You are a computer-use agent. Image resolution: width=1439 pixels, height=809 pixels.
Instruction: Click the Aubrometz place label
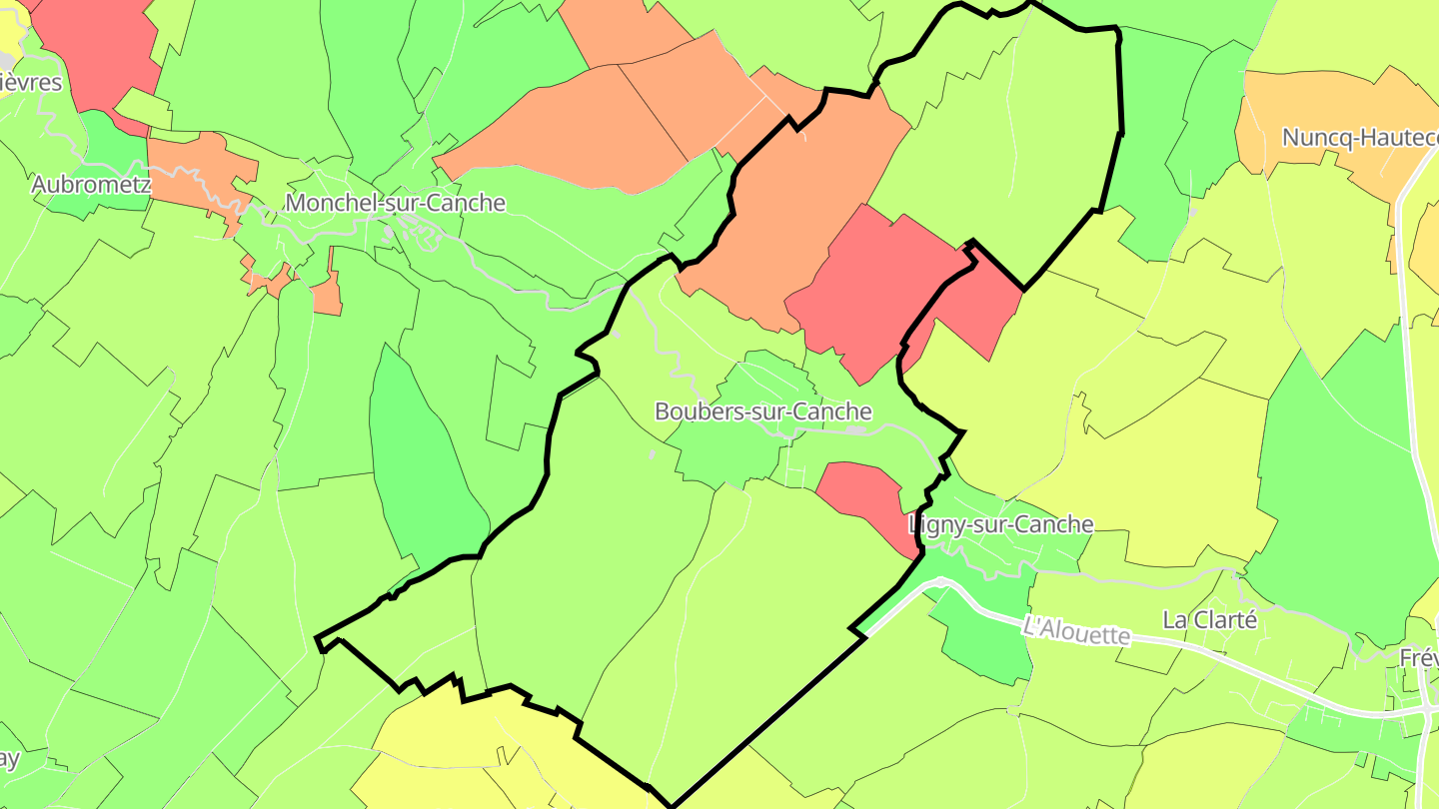point(91,184)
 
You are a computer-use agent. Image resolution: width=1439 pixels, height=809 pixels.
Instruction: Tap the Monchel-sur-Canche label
point(395,203)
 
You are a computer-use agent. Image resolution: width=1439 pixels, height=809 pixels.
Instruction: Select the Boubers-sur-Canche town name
point(762,411)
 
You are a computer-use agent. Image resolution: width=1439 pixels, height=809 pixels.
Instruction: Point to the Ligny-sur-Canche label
point(1001,524)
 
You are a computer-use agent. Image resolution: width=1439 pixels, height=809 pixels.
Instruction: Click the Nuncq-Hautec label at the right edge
point(1359,138)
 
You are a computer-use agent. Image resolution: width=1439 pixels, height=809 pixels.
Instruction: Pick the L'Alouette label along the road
point(1076,630)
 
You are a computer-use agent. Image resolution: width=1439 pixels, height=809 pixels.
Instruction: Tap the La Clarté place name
point(1209,620)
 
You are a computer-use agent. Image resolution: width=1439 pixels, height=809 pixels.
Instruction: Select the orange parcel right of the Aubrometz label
point(190,165)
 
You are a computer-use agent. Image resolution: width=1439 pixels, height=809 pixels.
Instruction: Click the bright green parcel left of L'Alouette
point(984,639)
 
